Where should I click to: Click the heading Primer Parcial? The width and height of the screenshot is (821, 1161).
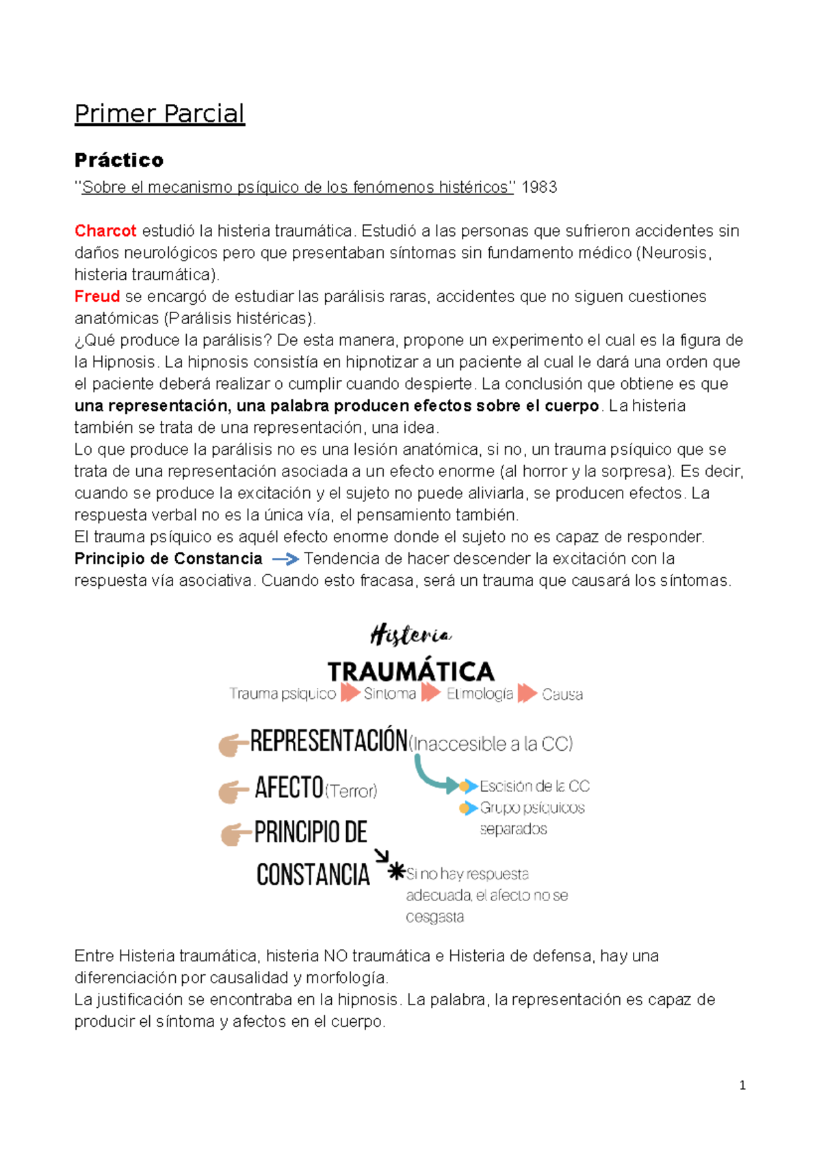159,114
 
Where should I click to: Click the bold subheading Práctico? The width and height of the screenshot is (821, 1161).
119,160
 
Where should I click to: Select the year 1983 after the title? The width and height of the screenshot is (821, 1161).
539,187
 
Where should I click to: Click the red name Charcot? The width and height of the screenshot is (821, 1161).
105,231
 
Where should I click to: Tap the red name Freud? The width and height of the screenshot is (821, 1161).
97,297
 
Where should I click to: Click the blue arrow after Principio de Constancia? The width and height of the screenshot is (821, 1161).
285,559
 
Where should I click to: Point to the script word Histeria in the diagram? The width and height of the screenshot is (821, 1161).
410,635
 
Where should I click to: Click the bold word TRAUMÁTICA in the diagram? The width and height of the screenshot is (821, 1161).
410,671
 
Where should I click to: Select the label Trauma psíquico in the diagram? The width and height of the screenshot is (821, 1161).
283,694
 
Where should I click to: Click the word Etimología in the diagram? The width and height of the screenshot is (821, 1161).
480,694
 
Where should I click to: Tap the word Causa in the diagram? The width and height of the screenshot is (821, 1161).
562,695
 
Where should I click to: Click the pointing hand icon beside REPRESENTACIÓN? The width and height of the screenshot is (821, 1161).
233,745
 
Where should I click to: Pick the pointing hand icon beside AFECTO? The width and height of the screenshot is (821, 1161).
233,792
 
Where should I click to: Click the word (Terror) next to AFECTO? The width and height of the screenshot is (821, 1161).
351,791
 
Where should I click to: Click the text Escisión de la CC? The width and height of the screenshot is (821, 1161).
534,786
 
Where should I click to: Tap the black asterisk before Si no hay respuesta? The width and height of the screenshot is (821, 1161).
396,872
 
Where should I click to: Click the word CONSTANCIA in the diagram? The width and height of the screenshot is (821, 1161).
313,875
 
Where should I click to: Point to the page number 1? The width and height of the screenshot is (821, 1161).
742,1085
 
